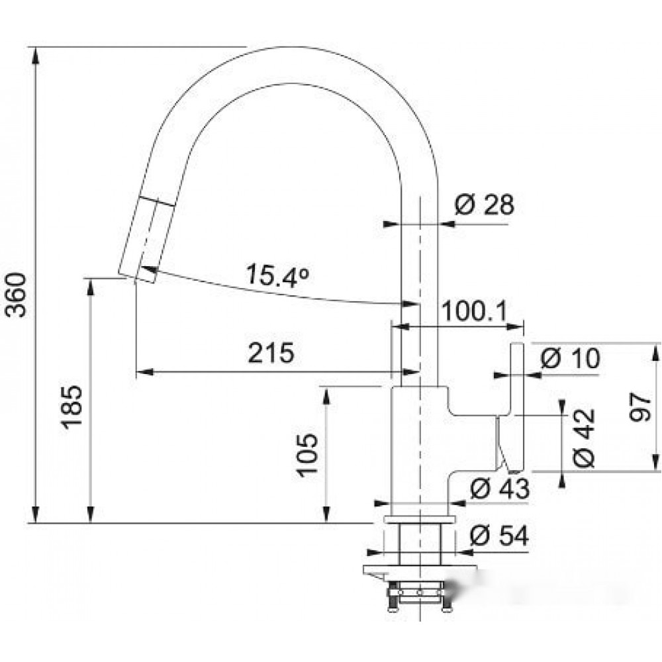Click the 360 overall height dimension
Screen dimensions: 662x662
coord(16,295)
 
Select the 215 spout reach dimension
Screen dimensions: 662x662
coord(271,353)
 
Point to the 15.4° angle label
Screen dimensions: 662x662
coord(277,275)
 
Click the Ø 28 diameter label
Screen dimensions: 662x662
coord(485,205)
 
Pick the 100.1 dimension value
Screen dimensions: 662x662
coord(474,312)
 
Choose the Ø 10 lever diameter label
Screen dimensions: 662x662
coord(570,358)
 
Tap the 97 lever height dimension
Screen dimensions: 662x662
coord(639,407)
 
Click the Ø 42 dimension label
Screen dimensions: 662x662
coord(584,438)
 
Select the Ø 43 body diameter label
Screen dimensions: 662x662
coord(500,488)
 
